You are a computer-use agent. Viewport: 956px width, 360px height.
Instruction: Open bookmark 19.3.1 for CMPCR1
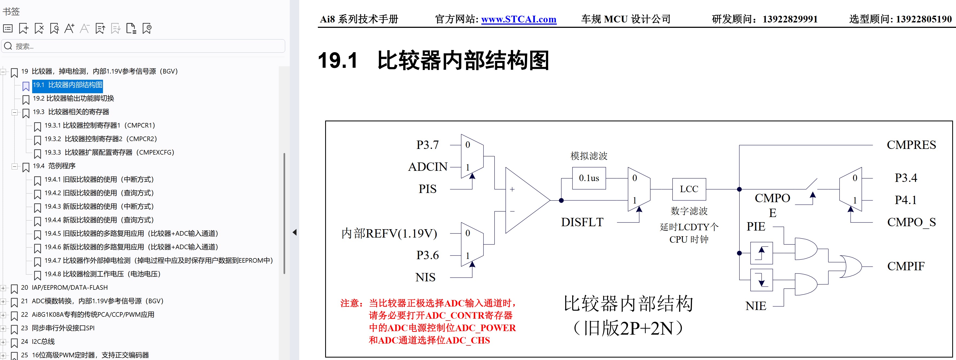pyautogui.click(x=99, y=125)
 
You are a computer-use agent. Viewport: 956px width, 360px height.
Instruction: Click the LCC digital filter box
pyautogui.click(x=689, y=189)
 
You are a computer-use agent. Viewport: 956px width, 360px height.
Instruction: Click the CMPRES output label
pyautogui.click(x=911, y=145)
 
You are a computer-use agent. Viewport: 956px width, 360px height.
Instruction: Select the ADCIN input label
pyautogui.click(x=428, y=167)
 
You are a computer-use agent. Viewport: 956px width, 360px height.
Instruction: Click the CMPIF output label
pyautogui.click(x=905, y=266)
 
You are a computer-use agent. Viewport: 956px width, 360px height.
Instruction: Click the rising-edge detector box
pyautogui.click(x=761, y=254)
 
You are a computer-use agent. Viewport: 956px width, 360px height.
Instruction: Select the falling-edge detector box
pyautogui.click(x=761, y=280)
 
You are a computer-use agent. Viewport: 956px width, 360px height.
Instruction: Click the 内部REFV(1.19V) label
pyautogui.click(x=389, y=234)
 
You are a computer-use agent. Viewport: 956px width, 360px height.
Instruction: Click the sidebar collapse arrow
pyautogui.click(x=295, y=233)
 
